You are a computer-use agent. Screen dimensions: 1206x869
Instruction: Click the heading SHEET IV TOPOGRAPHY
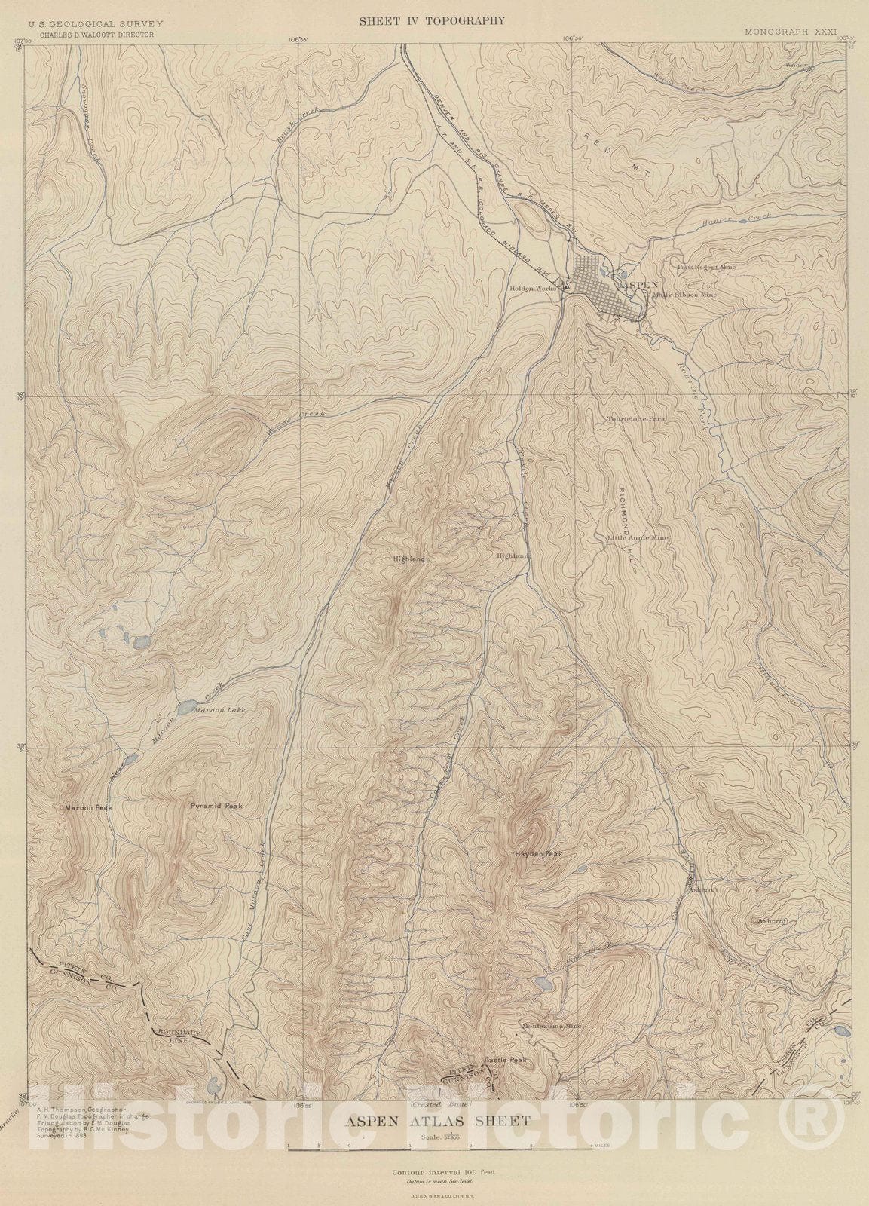(432, 21)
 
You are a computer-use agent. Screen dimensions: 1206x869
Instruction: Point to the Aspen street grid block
(598, 284)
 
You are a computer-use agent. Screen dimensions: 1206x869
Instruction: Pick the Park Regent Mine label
(706, 266)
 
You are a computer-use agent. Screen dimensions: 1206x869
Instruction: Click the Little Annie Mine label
(638, 538)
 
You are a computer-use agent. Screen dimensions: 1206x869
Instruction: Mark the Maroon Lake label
(220, 710)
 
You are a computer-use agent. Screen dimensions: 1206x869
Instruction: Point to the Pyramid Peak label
(216, 806)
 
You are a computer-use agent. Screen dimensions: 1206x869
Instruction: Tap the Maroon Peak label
(88, 807)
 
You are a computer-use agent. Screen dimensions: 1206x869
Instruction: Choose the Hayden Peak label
(539, 853)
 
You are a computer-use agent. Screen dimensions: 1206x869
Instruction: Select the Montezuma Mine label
(551, 1026)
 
